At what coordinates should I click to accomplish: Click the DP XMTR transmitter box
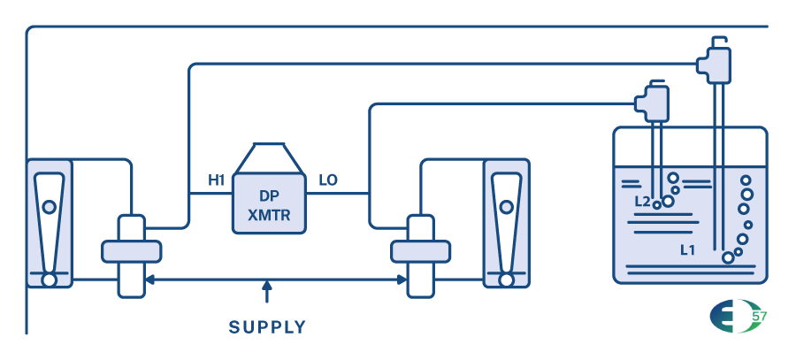268,202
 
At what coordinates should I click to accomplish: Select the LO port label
328,180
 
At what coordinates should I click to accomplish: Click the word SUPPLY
267,327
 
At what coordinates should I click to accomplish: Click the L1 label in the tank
687,250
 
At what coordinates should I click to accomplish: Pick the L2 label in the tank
643,202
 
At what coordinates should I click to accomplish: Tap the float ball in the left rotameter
49,206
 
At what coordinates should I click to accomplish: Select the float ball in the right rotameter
506,207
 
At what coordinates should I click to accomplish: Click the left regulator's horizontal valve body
132,251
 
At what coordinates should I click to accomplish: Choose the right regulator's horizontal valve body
420,251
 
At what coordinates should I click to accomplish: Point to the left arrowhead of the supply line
149,280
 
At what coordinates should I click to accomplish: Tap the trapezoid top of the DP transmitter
268,157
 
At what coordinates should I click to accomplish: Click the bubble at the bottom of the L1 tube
728,257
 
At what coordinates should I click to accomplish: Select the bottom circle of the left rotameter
49,280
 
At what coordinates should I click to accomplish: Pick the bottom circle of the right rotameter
506,280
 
